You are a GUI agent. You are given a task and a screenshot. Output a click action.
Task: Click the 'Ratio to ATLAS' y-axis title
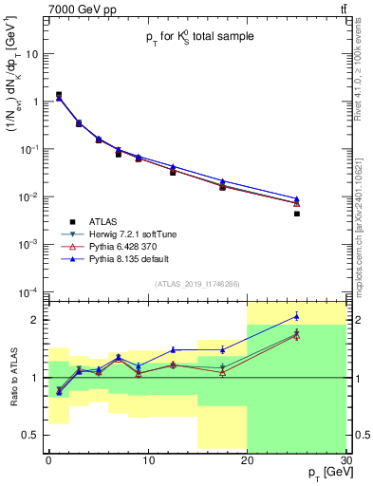pos(12,378)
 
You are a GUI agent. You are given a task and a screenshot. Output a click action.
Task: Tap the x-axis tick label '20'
pos(247,460)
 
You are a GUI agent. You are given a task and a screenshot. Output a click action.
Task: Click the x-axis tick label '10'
pos(147,460)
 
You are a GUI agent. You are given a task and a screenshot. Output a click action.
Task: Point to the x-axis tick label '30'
pos(345,460)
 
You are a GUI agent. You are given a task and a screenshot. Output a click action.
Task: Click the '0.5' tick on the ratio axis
pos(35,436)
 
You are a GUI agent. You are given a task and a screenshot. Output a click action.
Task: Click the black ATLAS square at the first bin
pos(59,95)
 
